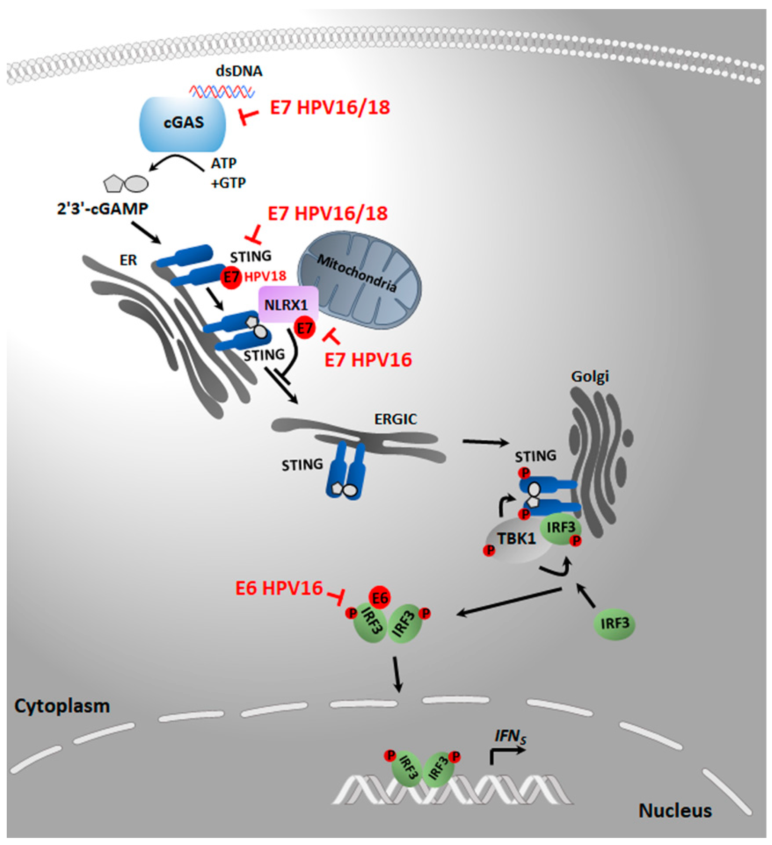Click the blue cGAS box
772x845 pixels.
point(183,124)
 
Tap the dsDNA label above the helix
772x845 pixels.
point(239,71)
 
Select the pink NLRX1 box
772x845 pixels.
point(288,305)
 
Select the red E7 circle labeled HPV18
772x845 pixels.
point(231,277)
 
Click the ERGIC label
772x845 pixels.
point(396,419)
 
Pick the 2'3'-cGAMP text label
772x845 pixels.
point(103,208)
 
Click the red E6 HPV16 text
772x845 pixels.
point(279,588)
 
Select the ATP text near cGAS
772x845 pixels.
point(224,163)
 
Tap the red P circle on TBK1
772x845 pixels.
point(488,550)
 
